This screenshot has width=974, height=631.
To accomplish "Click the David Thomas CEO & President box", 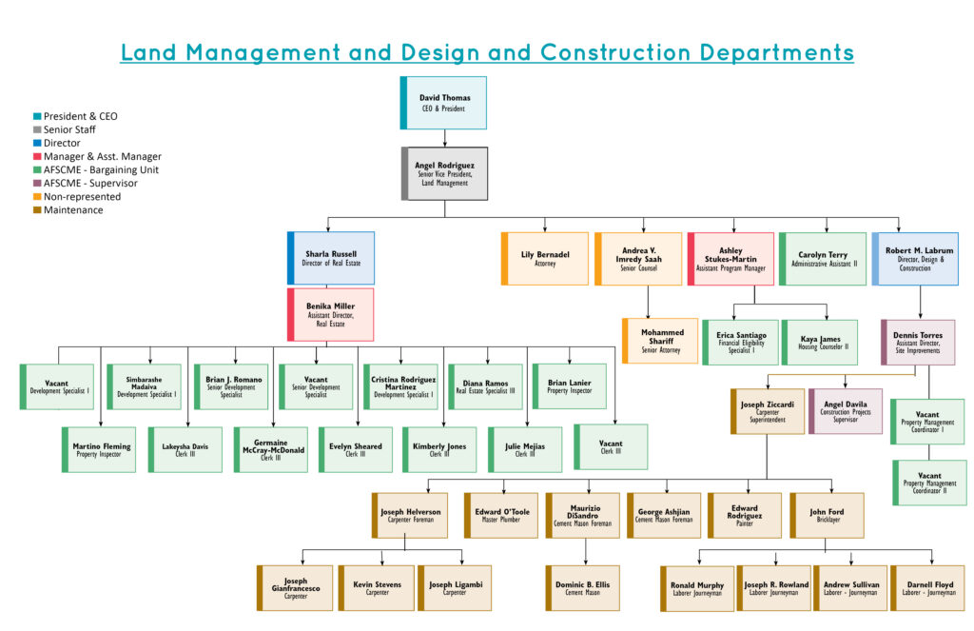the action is click(x=443, y=103).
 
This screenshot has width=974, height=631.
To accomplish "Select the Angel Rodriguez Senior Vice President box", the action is click(x=445, y=173).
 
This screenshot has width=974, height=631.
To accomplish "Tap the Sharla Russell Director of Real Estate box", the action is click(x=331, y=258).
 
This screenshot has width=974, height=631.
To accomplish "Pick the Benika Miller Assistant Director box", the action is click(x=330, y=315).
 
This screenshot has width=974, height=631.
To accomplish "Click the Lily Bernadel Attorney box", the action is click(x=545, y=259).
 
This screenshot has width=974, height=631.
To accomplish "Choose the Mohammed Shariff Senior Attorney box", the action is click(x=660, y=341).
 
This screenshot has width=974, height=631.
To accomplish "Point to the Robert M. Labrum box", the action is click(x=915, y=259).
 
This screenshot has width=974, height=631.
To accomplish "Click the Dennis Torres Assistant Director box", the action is click(x=918, y=343).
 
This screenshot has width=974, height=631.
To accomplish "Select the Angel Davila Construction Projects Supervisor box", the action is click(x=846, y=411).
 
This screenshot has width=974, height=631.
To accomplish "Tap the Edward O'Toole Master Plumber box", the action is click(x=501, y=516).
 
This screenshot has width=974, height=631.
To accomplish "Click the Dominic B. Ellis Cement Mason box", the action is click(x=583, y=588).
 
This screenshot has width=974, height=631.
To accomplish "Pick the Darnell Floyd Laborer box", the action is click(x=927, y=588).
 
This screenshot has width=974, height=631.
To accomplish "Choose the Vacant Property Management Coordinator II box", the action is click(x=929, y=483).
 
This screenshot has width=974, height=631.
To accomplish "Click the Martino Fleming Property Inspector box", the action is click(x=99, y=449).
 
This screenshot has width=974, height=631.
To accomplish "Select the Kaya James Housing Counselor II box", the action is click(x=820, y=343).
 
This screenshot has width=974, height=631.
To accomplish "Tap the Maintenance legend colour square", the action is click(x=37, y=210).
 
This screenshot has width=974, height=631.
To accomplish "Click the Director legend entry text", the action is click(x=62, y=143).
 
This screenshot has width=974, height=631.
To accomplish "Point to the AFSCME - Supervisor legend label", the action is click(x=90, y=184).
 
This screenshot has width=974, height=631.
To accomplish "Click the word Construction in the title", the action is click(x=615, y=52).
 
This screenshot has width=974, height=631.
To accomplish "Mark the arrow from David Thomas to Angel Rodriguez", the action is click(x=445, y=138).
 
